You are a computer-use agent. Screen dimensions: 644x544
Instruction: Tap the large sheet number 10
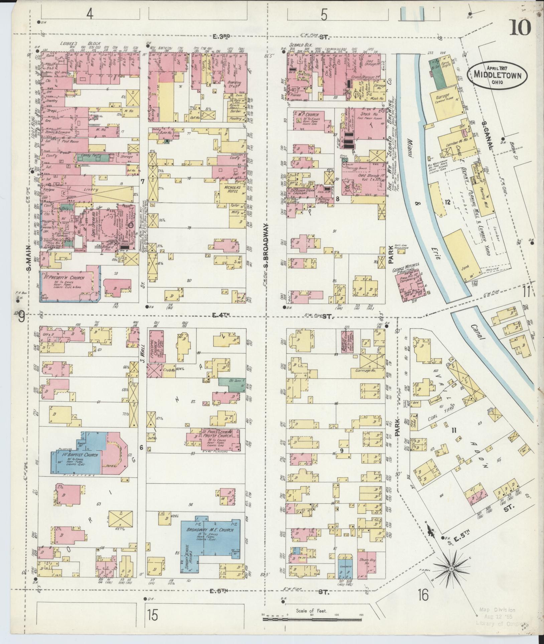click(520, 28)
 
